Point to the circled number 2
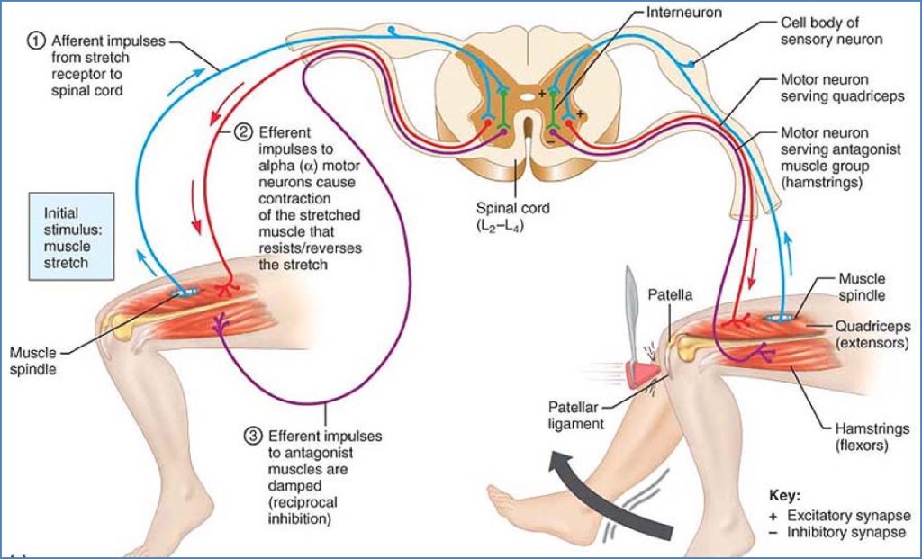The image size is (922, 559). pos(243,131)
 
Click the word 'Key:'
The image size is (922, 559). pos(784,495)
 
